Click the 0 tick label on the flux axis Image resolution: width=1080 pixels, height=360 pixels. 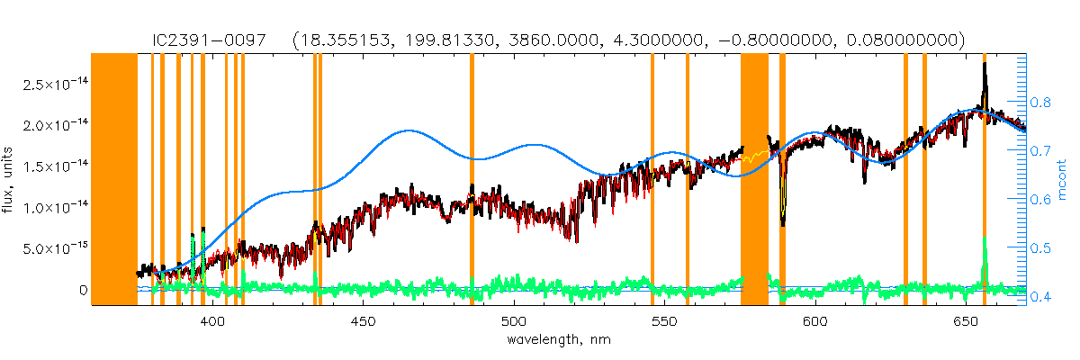82,291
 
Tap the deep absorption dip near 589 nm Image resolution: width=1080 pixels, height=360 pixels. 783,220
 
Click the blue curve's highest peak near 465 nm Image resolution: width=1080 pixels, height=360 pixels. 409,130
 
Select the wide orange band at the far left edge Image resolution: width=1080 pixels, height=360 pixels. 115,180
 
